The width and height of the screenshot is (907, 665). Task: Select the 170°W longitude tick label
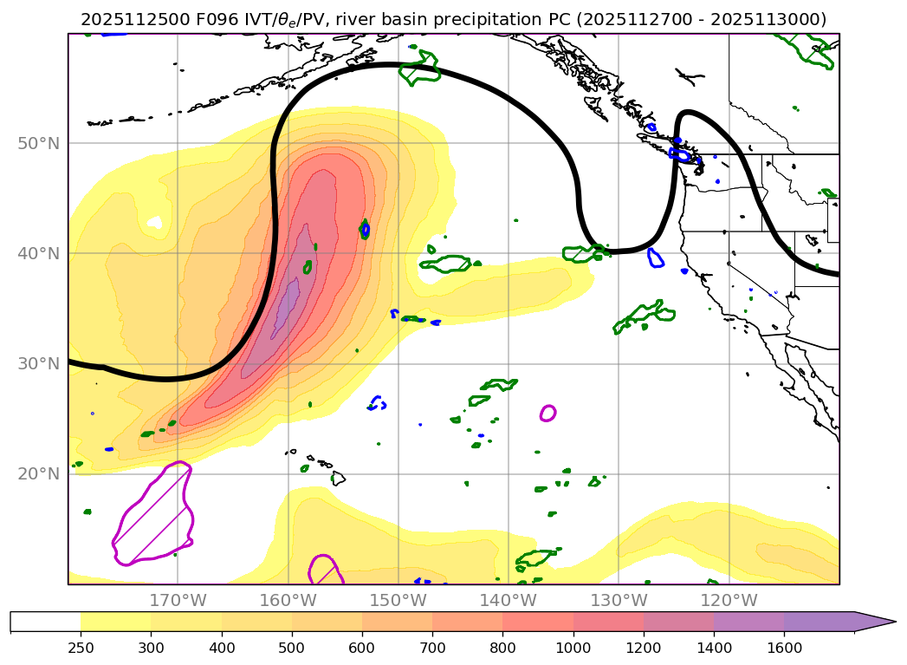tap(178, 600)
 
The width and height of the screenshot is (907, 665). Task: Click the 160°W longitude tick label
tap(288, 600)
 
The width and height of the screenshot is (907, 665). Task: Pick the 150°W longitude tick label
tap(398, 600)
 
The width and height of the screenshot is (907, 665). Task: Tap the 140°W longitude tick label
tap(508, 600)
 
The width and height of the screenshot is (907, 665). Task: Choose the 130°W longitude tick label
tap(618, 600)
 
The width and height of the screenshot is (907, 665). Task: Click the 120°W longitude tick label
tap(728, 600)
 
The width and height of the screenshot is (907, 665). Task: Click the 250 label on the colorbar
tap(81, 647)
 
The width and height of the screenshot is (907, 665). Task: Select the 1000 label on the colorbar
tap(573, 647)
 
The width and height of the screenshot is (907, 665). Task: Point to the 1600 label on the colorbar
tap(784, 647)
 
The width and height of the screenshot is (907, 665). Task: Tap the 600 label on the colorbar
tap(362, 647)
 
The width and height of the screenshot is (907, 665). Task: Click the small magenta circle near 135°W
tap(547, 413)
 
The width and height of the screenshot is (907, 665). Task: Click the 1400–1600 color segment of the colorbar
tap(748, 622)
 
